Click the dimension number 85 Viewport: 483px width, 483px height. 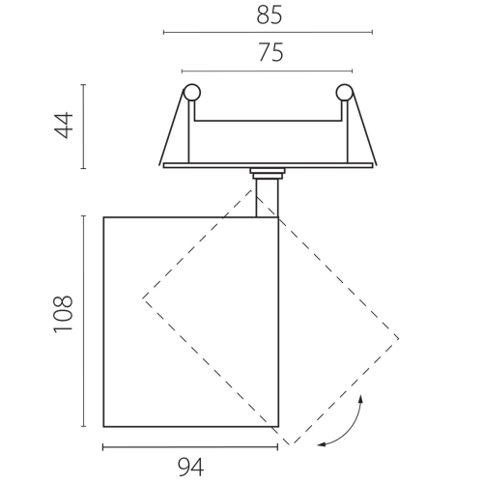(x=270, y=15)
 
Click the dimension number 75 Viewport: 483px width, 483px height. (x=270, y=52)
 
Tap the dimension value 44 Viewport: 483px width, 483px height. (x=64, y=126)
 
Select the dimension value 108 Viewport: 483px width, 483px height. (x=64, y=314)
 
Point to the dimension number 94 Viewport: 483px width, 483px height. (x=190, y=468)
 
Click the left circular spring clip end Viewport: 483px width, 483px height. (x=192, y=93)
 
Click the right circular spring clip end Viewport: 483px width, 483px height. (x=345, y=93)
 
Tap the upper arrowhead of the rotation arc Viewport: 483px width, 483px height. (x=361, y=399)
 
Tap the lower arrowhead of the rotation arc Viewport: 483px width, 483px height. (x=322, y=444)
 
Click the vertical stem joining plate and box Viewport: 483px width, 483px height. (x=267, y=198)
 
